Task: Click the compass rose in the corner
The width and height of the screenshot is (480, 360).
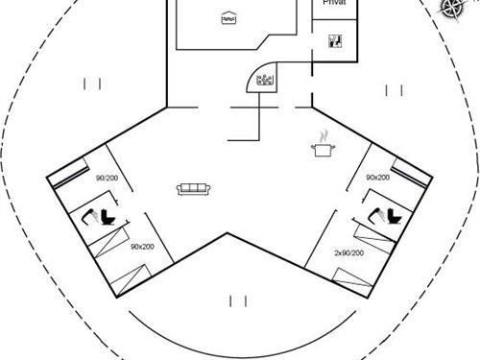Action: pos(450,9)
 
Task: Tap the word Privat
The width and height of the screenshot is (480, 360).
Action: pos(335,5)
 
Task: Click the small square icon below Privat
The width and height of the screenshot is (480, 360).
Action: pos(335,40)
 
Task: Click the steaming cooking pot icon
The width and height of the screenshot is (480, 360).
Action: pos(322,146)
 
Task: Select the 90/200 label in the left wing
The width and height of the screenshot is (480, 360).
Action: pos(107,179)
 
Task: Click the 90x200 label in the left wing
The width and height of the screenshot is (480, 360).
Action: pos(142,247)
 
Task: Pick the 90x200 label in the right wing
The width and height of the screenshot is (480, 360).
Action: pos(377,178)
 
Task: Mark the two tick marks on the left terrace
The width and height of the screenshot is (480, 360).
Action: pos(92,84)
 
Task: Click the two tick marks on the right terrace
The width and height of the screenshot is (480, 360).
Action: pos(393,90)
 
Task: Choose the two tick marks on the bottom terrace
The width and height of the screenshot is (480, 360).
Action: pos(239,301)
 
